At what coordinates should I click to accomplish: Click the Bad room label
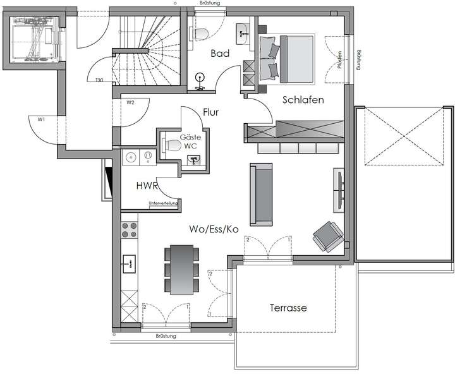220,54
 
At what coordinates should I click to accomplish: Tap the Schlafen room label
303,100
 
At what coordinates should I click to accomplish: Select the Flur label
210,112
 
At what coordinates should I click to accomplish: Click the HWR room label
147,186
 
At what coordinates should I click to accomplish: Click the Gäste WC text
190,142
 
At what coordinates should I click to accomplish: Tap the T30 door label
99,80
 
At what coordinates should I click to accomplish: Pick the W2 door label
130,102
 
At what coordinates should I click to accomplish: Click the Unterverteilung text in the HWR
162,203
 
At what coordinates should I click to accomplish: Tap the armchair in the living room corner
328,236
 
